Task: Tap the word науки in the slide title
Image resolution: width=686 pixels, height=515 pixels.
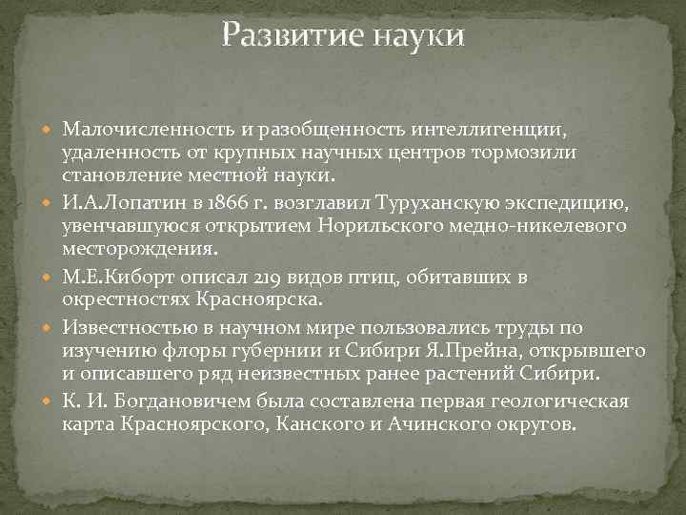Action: click(419, 37)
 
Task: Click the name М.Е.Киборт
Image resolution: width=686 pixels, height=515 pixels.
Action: click(119, 276)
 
